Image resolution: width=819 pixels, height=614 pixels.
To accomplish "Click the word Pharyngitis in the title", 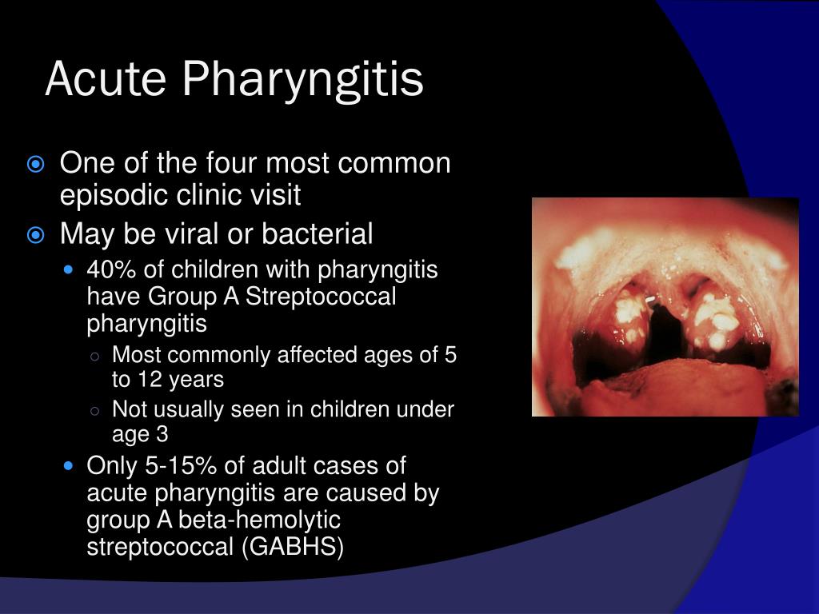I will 303,81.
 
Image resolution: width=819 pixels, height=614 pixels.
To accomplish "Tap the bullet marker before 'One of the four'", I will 35,165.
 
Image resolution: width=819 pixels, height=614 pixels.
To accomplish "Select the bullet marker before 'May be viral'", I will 35,236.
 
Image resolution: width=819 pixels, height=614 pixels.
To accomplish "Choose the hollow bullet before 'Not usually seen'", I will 95,411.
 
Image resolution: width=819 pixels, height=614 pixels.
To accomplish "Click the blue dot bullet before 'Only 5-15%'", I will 68,466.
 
